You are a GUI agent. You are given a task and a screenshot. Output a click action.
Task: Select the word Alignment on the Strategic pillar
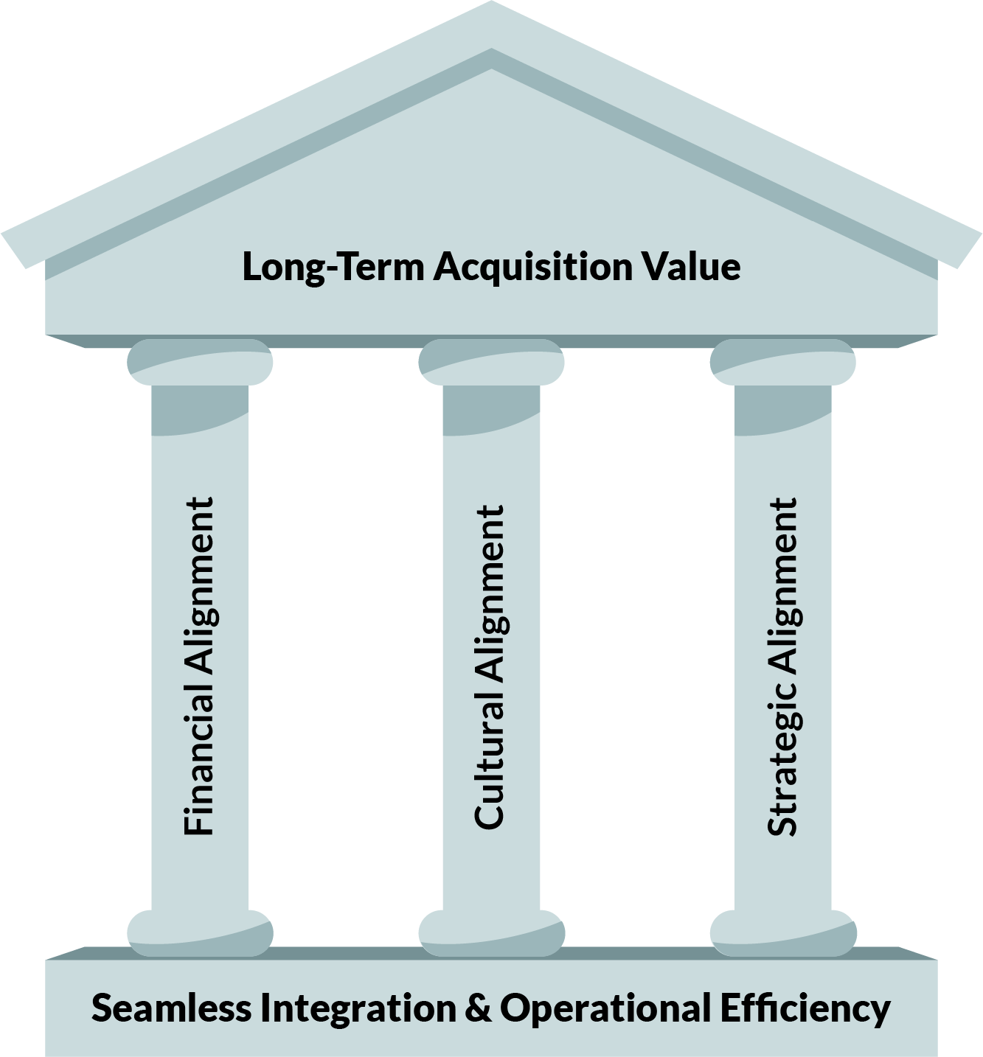point(782,582)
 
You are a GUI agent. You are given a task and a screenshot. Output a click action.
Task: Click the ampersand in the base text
point(480,1008)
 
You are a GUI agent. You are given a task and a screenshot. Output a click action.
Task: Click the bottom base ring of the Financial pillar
point(200,932)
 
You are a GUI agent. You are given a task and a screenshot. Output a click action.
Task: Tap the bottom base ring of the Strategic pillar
point(782,932)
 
